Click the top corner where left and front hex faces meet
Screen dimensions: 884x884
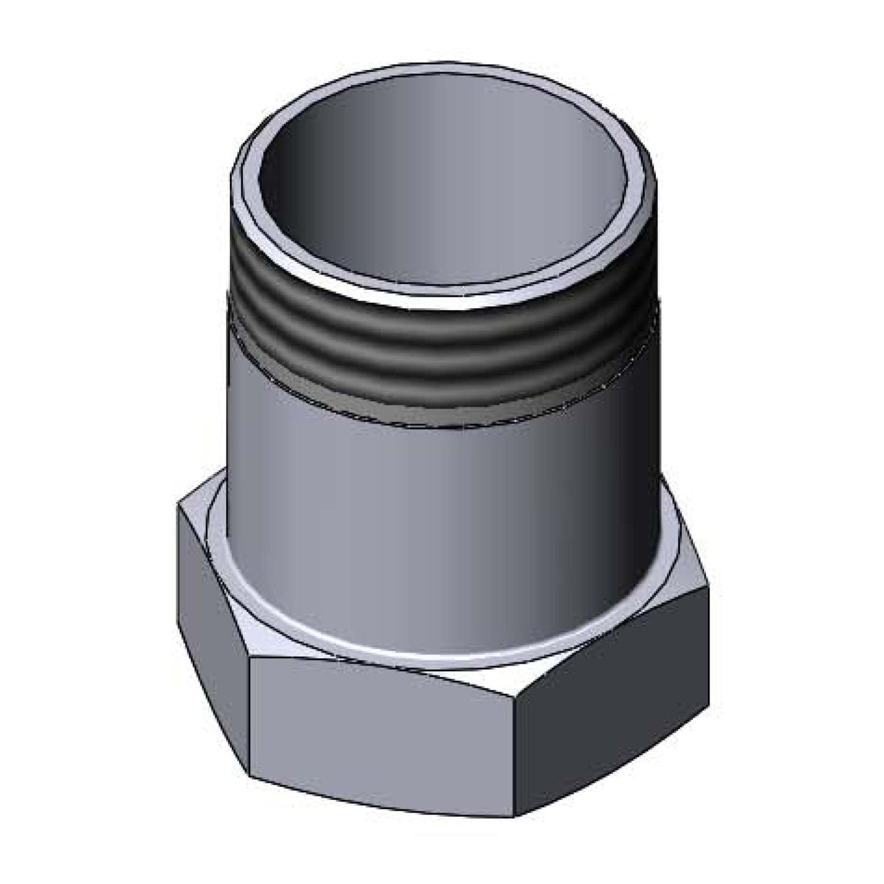(251, 659)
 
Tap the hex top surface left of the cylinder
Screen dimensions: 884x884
(208, 520)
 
